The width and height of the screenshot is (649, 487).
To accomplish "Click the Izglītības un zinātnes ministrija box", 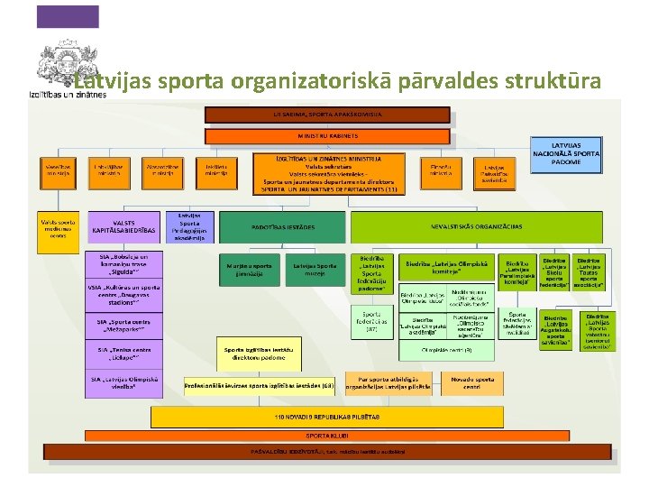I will click(x=329, y=173).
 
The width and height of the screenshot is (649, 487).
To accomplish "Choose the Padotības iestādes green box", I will click(x=283, y=227).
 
